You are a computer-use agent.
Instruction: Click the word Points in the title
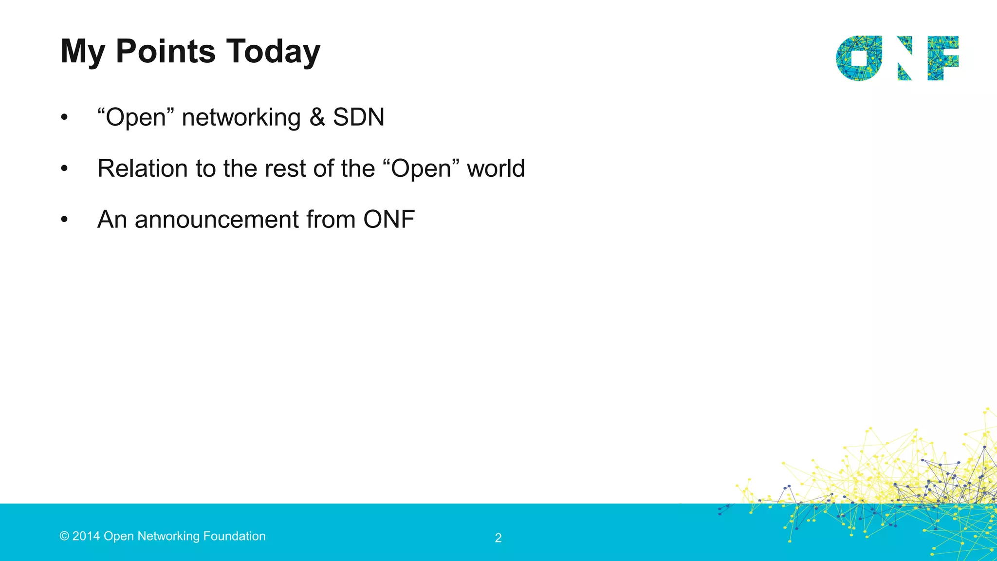pos(166,51)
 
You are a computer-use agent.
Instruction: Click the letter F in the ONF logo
pos(943,58)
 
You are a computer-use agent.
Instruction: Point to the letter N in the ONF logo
pos(904,58)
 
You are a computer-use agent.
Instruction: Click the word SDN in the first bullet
pos(359,117)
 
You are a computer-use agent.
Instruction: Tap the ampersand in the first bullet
pos(317,117)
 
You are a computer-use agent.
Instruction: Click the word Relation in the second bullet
pos(143,168)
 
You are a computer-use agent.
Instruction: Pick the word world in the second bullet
pos(496,168)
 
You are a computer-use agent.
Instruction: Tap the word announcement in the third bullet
pos(217,220)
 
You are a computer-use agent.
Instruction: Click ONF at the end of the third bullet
pos(389,219)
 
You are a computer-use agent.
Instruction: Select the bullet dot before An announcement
pos(64,220)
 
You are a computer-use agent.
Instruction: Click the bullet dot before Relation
pos(64,169)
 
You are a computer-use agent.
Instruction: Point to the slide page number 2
pos(498,538)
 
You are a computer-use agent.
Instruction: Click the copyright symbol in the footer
pos(64,536)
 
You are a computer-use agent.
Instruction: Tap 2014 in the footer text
pos(86,536)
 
